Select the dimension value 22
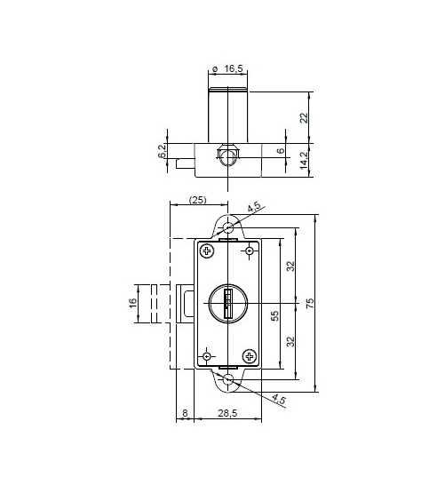[304, 117]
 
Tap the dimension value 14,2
[304, 159]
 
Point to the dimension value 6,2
[162, 152]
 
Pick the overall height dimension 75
[309, 303]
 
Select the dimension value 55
[274, 314]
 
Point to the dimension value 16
[134, 303]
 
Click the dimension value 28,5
[227, 414]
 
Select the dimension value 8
[185, 414]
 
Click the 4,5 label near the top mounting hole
[254, 208]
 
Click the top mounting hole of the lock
[228, 228]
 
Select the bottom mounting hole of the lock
[228, 379]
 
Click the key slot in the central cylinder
[227, 304]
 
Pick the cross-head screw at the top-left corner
[207, 251]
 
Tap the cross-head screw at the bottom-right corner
[249, 356]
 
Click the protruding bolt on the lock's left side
[187, 303]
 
